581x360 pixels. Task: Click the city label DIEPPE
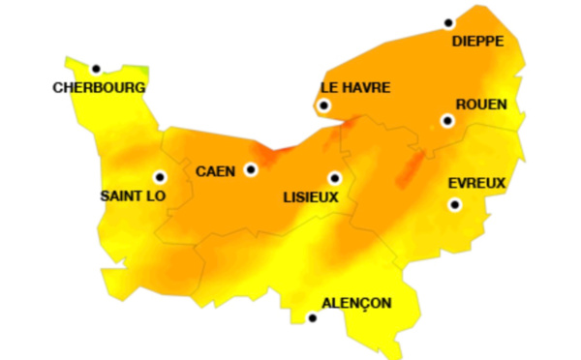coord(477,42)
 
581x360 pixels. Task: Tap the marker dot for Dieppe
coord(448,23)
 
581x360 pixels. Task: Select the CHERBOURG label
coord(100,87)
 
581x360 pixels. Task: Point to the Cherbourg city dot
coord(96,69)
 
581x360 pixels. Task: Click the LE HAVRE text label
coord(355,87)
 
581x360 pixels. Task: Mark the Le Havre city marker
coord(324,105)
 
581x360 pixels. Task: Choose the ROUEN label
coord(480,105)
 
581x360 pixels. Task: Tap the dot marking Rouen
coord(446,121)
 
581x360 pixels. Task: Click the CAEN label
coord(215,171)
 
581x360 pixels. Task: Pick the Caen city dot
coord(251,169)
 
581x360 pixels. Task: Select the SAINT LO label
coord(134,195)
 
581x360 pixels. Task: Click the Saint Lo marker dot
coord(160,177)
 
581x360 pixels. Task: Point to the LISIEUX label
coord(310,196)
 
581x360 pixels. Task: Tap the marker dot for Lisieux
coord(334,178)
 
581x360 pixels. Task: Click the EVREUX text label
coord(477,183)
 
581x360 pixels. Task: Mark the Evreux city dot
coord(453,204)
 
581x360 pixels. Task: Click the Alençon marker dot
coord(312,317)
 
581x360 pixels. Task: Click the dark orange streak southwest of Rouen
coord(411,166)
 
